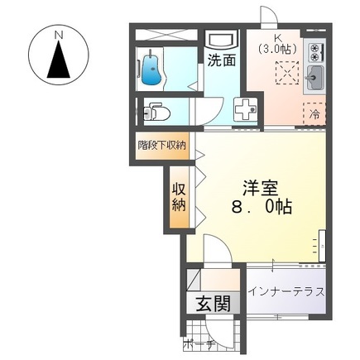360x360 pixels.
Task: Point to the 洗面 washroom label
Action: pyautogui.click(x=221, y=60)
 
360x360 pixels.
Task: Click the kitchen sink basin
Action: pyautogui.click(x=314, y=80)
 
